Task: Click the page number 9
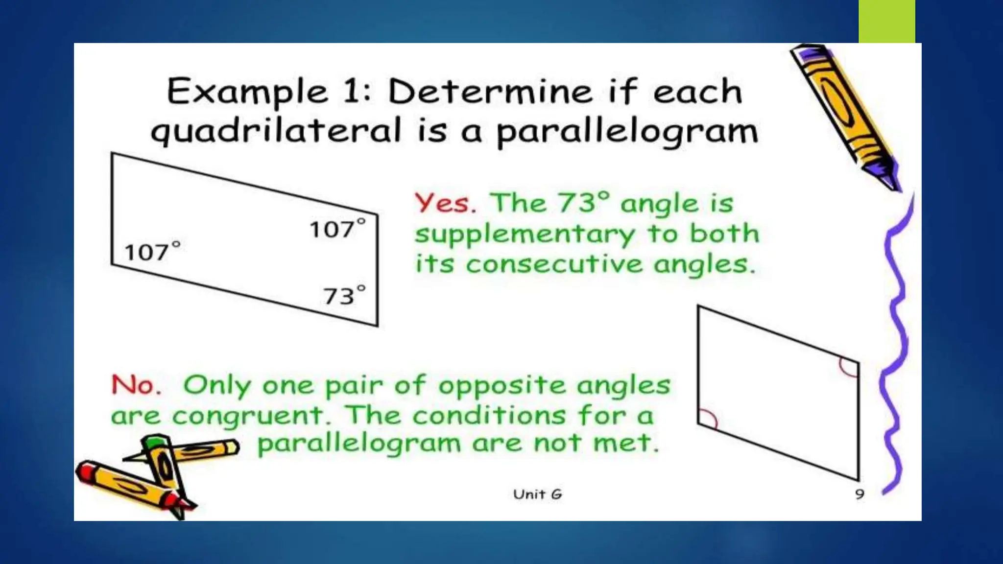(860, 494)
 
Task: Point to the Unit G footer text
(537, 494)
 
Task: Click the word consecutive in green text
(554, 265)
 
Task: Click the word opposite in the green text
(501, 386)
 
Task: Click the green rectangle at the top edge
(886, 21)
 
